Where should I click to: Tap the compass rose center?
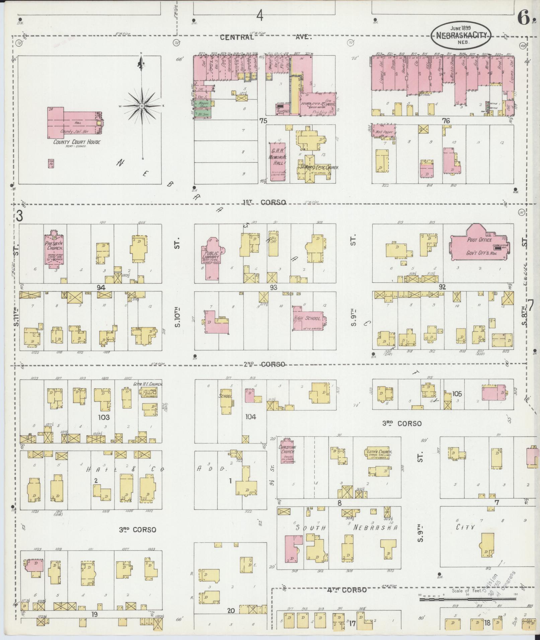(x=142, y=106)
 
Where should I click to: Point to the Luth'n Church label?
(x=378, y=452)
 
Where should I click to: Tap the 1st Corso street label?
(x=264, y=202)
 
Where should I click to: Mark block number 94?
(x=101, y=287)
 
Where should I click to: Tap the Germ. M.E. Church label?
(x=148, y=384)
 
